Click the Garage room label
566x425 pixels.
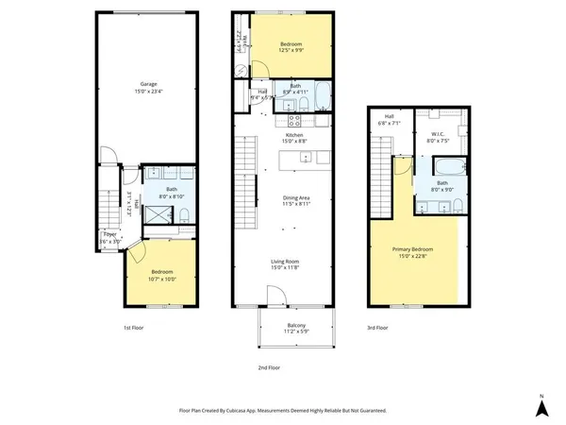[149, 83]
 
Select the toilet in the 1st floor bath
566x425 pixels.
[185, 217]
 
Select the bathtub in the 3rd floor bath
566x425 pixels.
[449, 168]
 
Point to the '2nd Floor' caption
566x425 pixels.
[270, 367]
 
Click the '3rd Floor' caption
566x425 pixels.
[377, 328]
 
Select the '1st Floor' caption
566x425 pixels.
[133, 328]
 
